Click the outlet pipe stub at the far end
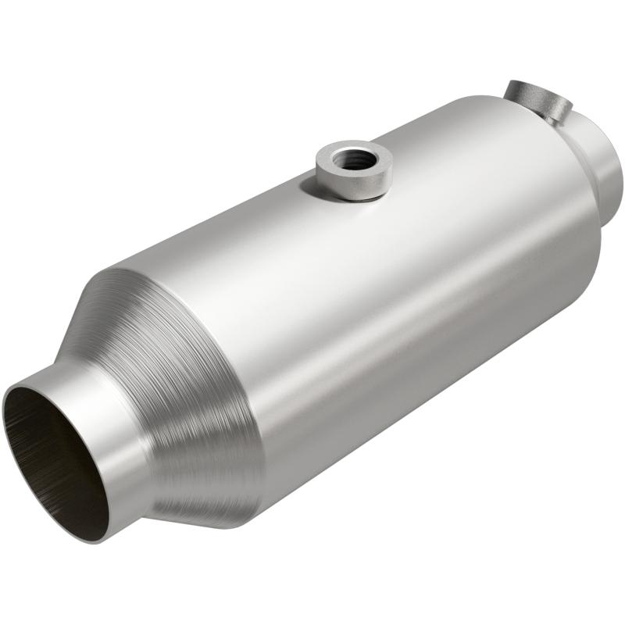tap(605, 168)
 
